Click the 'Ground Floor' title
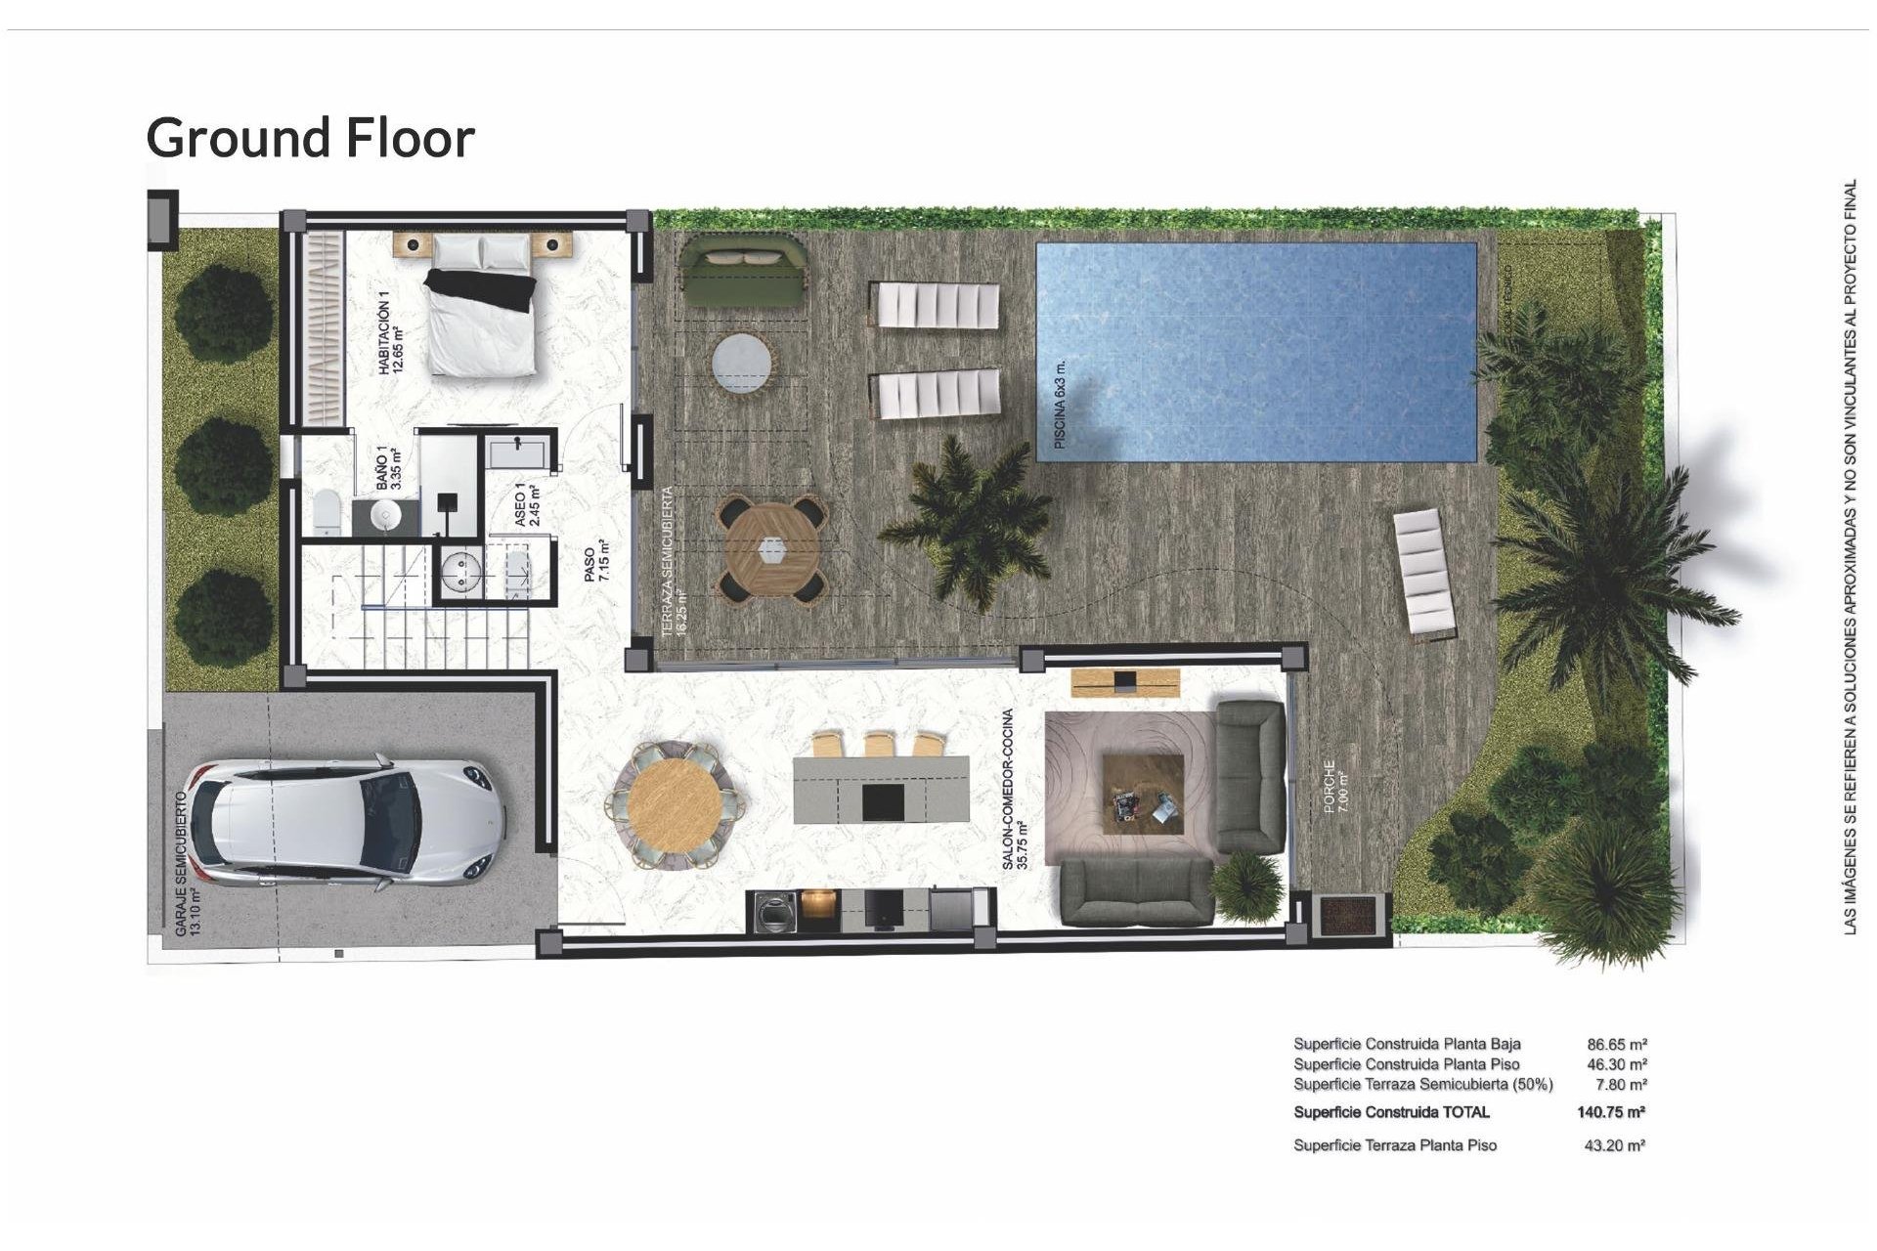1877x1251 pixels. [310, 138]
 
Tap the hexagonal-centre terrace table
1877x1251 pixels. [771, 550]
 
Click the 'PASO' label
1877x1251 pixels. [589, 565]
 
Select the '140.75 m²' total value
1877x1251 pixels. [1610, 1112]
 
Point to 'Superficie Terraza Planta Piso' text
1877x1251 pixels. [1395, 1145]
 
